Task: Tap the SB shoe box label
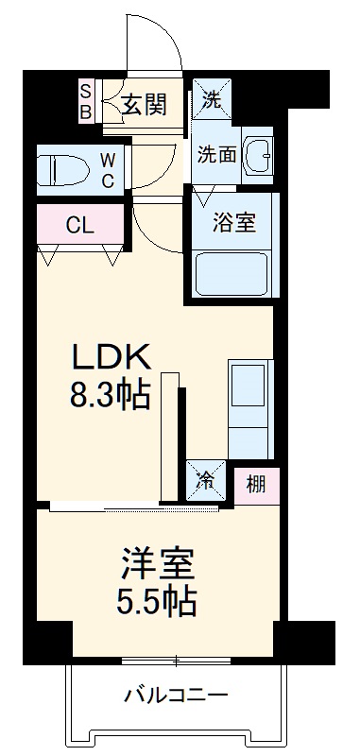pos(85,101)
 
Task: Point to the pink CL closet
pos(79,226)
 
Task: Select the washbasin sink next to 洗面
pos(256,154)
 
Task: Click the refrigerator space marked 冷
pos(205,481)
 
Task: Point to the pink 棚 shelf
pos(256,486)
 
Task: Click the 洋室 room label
pos(157,564)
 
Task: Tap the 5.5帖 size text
pos(157,599)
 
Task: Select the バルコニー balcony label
pos(177,696)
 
